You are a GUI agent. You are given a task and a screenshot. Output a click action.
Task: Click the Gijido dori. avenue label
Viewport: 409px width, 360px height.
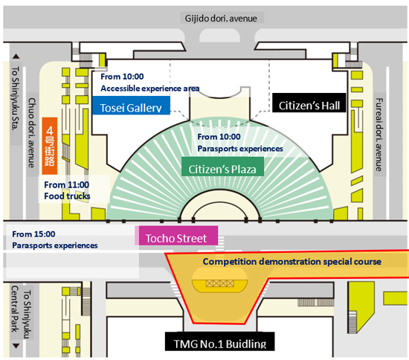click(x=221, y=19)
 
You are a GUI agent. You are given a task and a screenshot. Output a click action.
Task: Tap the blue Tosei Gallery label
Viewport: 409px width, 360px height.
click(x=131, y=106)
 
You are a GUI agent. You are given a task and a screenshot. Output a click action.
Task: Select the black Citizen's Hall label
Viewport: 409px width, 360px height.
click(x=309, y=103)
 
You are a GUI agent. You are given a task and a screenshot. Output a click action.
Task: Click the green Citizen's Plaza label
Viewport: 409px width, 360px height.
click(x=222, y=167)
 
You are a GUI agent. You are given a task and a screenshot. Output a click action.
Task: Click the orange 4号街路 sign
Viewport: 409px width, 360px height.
click(x=50, y=146)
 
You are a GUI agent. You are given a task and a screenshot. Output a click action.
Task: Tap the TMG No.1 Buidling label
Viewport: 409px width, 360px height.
click(x=220, y=341)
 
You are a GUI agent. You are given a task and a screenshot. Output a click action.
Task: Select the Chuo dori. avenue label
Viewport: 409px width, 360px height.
click(x=32, y=133)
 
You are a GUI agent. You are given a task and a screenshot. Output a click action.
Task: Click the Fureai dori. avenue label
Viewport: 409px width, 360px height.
click(x=379, y=135)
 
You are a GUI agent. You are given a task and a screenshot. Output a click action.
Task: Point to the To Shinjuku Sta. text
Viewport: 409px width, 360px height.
click(x=16, y=98)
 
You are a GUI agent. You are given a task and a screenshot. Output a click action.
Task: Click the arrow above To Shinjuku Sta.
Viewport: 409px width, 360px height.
click(x=16, y=56)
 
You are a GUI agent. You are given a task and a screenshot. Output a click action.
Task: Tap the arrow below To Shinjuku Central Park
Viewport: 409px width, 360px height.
click(x=16, y=346)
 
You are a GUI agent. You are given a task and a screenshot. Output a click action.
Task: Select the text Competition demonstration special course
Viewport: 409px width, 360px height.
click(x=292, y=261)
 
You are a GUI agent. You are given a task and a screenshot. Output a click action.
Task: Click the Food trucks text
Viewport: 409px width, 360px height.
click(x=67, y=196)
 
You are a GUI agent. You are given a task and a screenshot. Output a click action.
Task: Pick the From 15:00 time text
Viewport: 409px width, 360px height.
click(x=33, y=234)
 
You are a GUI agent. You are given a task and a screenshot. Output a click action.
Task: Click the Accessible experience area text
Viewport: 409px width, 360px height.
click(x=150, y=89)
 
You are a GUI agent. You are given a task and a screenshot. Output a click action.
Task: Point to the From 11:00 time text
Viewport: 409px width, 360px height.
click(x=66, y=184)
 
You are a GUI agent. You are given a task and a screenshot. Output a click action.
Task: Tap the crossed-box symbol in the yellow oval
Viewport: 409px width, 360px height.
click(x=219, y=283)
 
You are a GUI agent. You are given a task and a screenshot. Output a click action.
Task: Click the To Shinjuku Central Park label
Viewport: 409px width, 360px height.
click(x=21, y=312)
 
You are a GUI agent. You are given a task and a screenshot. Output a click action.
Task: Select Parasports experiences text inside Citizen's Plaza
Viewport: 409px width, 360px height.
click(x=240, y=149)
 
